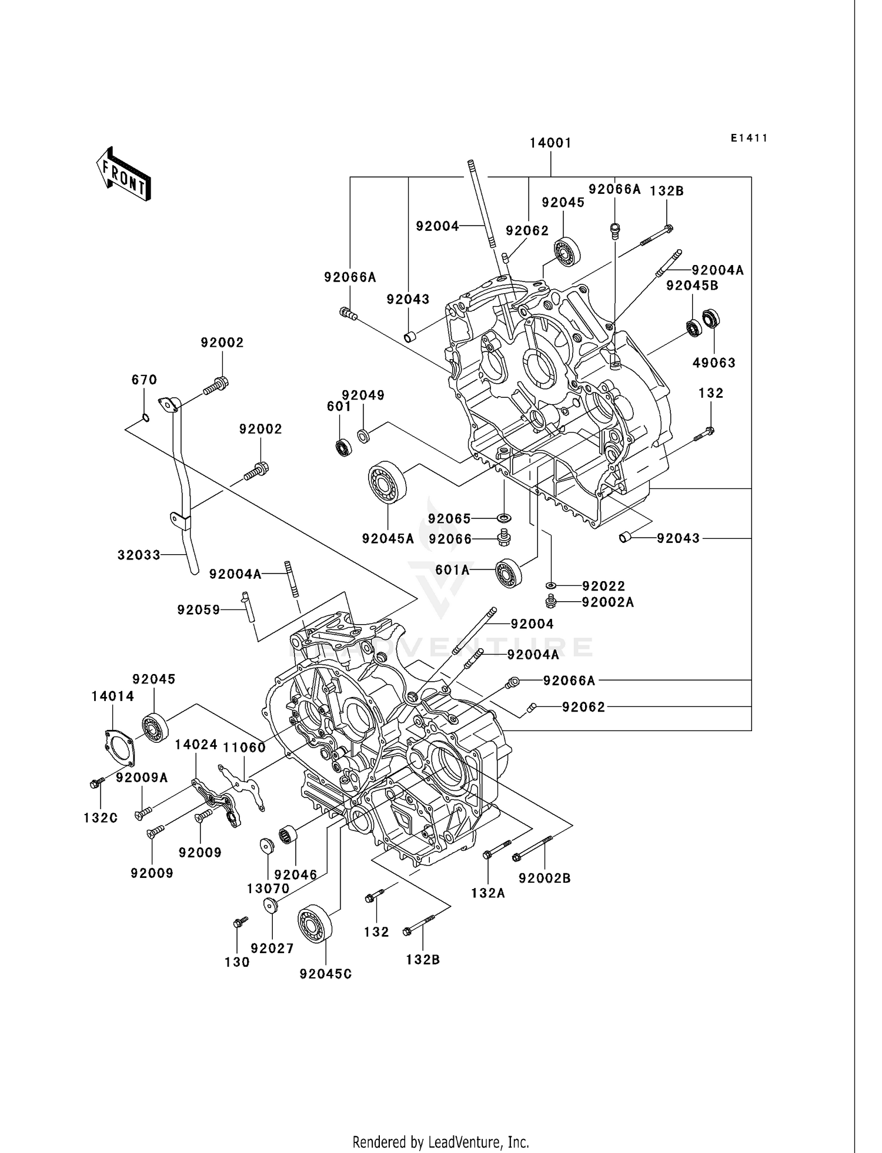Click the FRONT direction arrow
click(x=124, y=175)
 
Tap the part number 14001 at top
click(x=550, y=143)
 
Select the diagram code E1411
click(x=749, y=138)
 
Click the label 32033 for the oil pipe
click(x=139, y=555)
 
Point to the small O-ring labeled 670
click(x=145, y=418)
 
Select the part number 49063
click(x=714, y=363)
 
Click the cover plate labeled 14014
click(x=118, y=748)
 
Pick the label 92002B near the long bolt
click(x=544, y=878)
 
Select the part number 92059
click(x=199, y=610)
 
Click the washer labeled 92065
click(x=504, y=518)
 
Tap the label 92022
click(x=603, y=586)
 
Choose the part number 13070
click(x=268, y=889)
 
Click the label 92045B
click(x=692, y=286)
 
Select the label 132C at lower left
click(x=101, y=817)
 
